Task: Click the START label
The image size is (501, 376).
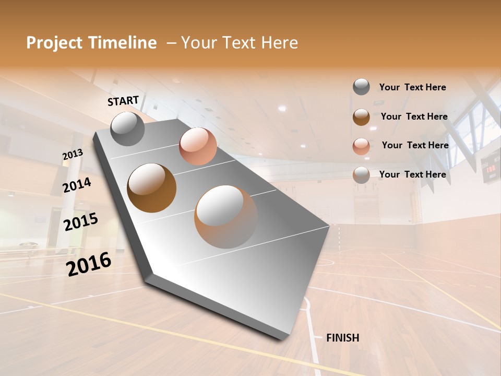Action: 123,100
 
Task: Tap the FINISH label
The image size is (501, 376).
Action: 342,338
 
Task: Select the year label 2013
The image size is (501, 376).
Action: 73,155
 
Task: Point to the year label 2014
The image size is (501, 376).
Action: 77,185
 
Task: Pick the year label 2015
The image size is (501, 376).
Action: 81,222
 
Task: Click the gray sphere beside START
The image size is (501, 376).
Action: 128,128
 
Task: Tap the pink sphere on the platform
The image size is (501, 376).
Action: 198,146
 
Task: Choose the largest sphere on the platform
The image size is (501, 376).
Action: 226,216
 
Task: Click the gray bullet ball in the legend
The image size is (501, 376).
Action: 361,87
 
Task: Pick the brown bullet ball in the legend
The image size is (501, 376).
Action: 361,117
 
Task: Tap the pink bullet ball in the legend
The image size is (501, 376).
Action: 361,146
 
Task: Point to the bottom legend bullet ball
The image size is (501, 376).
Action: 361,175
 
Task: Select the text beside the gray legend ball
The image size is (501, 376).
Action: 412,87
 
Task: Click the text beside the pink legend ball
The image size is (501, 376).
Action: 415,145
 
